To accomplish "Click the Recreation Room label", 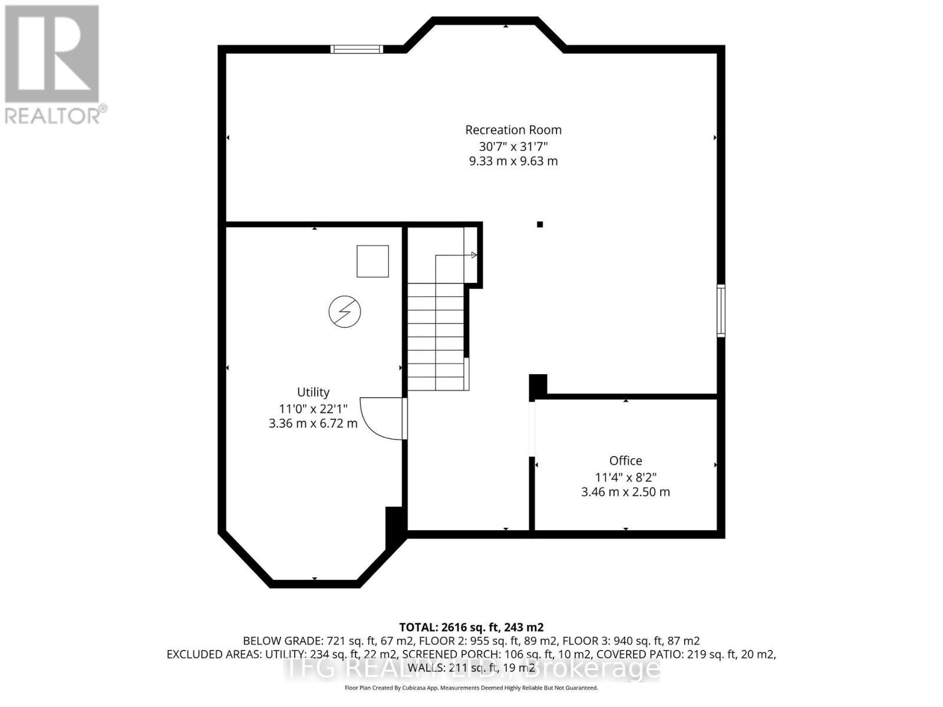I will point(513,130).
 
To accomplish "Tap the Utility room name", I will point(313,392).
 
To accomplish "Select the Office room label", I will point(625,461).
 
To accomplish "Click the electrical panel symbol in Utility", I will point(345,312).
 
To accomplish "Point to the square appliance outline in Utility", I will point(372,261).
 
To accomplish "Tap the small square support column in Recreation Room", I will point(540,224).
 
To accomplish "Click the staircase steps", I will point(436,336).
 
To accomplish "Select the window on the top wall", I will point(357,49).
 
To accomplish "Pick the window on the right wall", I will point(721,310).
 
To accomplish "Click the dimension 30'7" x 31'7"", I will point(513,146).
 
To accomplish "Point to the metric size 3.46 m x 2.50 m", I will point(625,492).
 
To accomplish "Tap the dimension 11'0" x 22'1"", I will point(313,408).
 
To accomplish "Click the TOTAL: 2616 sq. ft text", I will point(471,627).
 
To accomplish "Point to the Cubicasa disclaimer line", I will point(471,688).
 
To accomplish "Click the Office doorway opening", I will point(532,429).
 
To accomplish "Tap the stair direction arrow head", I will point(474,255).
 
